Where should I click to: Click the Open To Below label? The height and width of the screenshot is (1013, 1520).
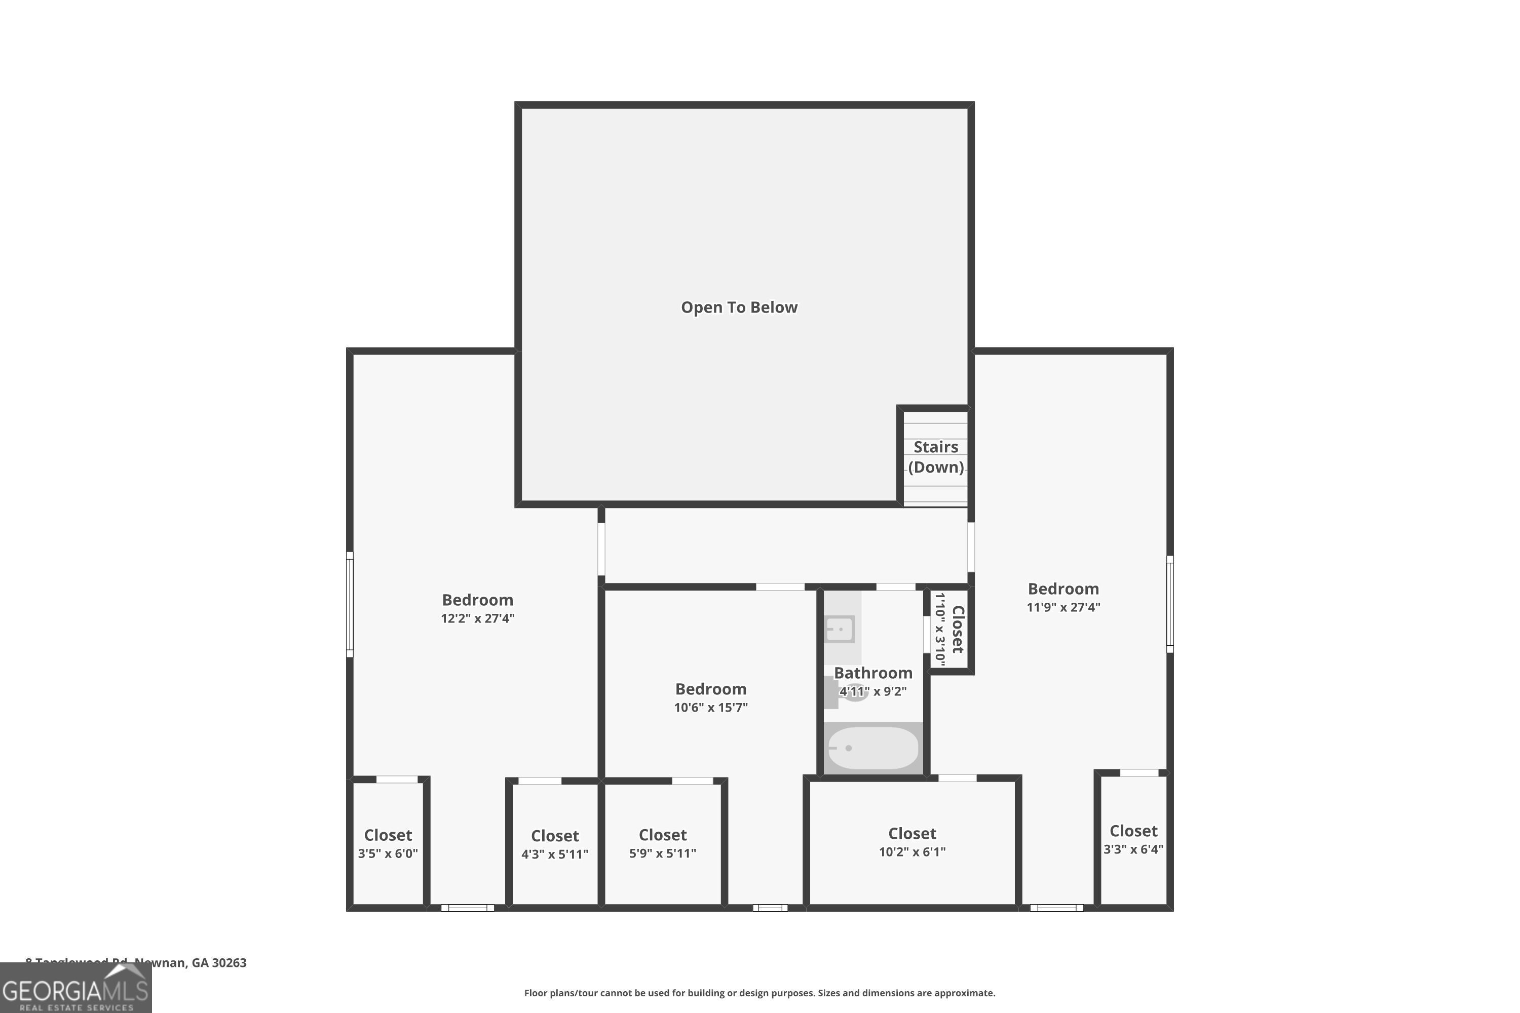point(739,307)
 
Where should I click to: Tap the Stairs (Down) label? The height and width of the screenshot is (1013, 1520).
point(935,457)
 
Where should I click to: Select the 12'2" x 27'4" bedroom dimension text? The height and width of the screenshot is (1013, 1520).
point(478,618)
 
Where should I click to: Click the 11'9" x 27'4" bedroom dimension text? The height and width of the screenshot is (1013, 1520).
point(1063,607)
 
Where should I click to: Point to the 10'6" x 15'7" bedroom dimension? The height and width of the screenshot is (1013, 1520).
point(710,708)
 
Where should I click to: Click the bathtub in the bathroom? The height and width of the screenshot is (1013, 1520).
point(872,748)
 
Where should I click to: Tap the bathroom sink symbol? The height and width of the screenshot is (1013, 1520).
point(840,629)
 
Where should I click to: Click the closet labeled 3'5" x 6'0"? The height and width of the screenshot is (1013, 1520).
point(388,844)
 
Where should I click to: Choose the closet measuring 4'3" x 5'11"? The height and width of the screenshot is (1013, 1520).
point(554,844)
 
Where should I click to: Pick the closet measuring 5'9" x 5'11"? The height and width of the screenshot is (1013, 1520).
point(662,844)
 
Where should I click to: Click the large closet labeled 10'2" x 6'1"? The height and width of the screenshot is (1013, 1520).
point(912,842)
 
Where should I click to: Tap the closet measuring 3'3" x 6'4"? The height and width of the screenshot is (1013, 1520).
point(1133,839)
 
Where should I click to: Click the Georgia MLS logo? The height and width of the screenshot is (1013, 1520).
point(75,989)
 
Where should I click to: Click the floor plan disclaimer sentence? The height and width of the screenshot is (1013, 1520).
point(759,993)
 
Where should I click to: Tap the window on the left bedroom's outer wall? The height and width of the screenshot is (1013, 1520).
point(350,604)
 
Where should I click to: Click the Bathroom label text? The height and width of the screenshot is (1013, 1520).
point(872,673)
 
